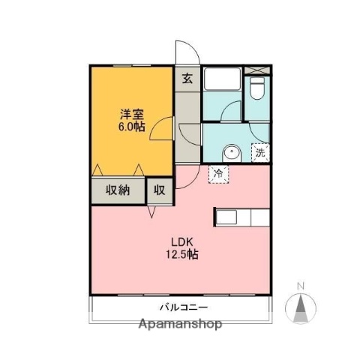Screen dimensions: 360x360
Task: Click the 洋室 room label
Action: pos(133,115)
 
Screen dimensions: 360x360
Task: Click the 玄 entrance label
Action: pos(186,76)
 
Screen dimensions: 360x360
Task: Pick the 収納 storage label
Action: pos(118,190)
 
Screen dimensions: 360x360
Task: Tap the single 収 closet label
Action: pos(160,190)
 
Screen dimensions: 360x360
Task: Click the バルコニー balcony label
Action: pos(182,307)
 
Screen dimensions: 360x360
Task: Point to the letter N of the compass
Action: pos(301,286)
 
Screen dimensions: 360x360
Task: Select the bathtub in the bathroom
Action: pos(222,82)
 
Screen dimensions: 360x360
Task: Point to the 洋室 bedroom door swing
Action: pos(160,131)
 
